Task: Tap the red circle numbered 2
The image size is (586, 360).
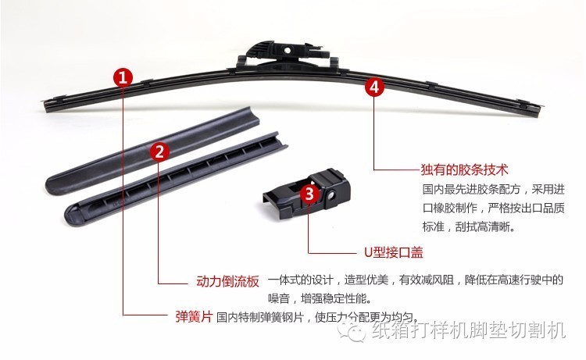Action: click(159, 150)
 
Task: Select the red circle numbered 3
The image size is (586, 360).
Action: click(309, 194)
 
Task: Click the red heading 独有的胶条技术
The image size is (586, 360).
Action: click(464, 169)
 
